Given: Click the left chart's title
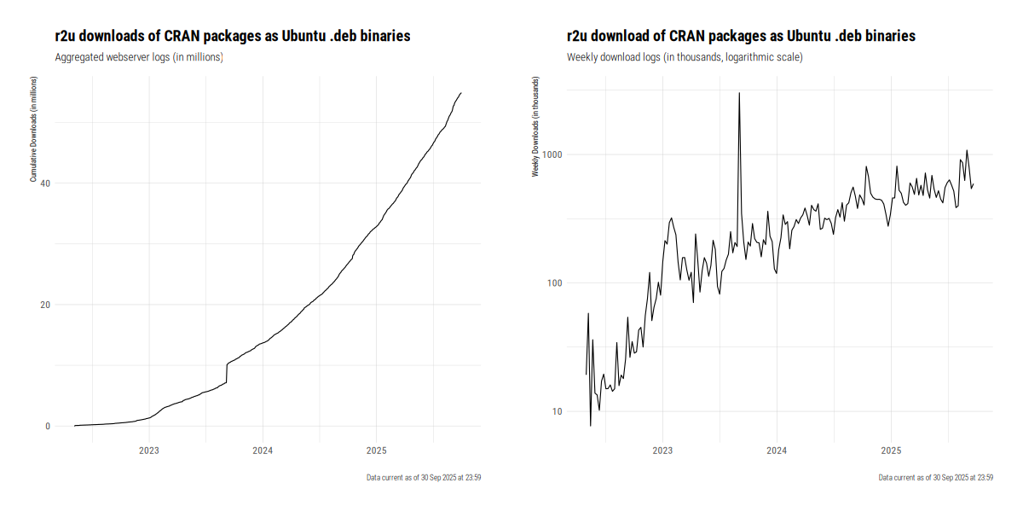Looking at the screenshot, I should pyautogui.click(x=233, y=36).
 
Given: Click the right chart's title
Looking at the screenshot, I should pyautogui.click(x=741, y=36).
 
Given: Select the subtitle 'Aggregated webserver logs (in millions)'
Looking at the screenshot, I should pyautogui.click(x=139, y=57).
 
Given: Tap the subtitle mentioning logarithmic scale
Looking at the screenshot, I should pyautogui.click(x=685, y=57).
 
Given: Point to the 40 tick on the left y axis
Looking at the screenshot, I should pyautogui.click(x=45, y=183).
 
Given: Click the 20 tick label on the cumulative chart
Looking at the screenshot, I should pyautogui.click(x=45, y=305).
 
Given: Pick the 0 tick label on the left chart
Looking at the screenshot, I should pyautogui.click(x=48, y=427).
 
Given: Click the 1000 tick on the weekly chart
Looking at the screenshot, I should pyautogui.click(x=551, y=154).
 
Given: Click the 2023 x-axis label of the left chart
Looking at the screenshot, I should pyautogui.click(x=149, y=450).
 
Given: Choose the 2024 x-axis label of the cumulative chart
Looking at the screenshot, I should pyautogui.click(x=263, y=450).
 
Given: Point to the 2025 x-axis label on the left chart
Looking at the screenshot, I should pyautogui.click(x=376, y=450).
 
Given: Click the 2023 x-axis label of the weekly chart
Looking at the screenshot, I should pyautogui.click(x=662, y=450).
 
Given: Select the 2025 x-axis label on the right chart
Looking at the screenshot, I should pyautogui.click(x=891, y=450).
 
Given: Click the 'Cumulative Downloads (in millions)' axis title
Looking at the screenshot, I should pyautogui.click(x=33, y=129).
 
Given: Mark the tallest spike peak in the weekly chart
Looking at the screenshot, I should pyautogui.click(x=739, y=93).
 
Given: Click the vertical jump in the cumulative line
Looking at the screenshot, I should pyautogui.click(x=227, y=374).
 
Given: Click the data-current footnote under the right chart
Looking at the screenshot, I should pyautogui.click(x=935, y=478).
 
